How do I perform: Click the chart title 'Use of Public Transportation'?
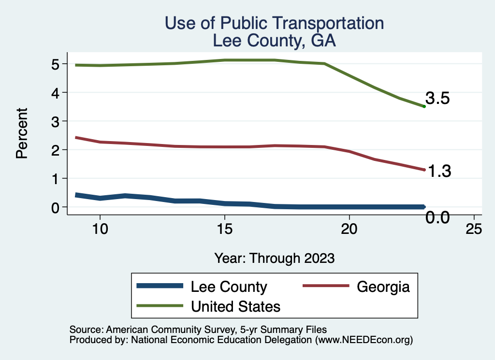pyautogui.click(x=274, y=23)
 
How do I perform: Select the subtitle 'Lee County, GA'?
pyautogui.click(x=274, y=41)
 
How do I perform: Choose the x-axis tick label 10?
pyautogui.click(x=100, y=229)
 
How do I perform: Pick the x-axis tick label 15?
pyautogui.click(x=224, y=229)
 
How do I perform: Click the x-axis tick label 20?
pyautogui.click(x=349, y=229)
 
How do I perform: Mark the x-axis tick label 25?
pyautogui.click(x=474, y=229)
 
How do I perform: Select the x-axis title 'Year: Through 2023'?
pyautogui.click(x=274, y=258)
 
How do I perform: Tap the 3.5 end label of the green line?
pyautogui.click(x=438, y=99)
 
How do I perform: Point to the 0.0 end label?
pyautogui.click(x=438, y=218)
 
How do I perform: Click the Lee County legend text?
pyautogui.click(x=229, y=287)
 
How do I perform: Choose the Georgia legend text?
pyautogui.click(x=383, y=287)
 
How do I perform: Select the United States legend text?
pyautogui.click(x=236, y=306)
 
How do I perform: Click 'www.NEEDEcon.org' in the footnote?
pyautogui.click(x=364, y=340)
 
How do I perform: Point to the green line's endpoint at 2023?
pyautogui.click(x=424, y=106)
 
